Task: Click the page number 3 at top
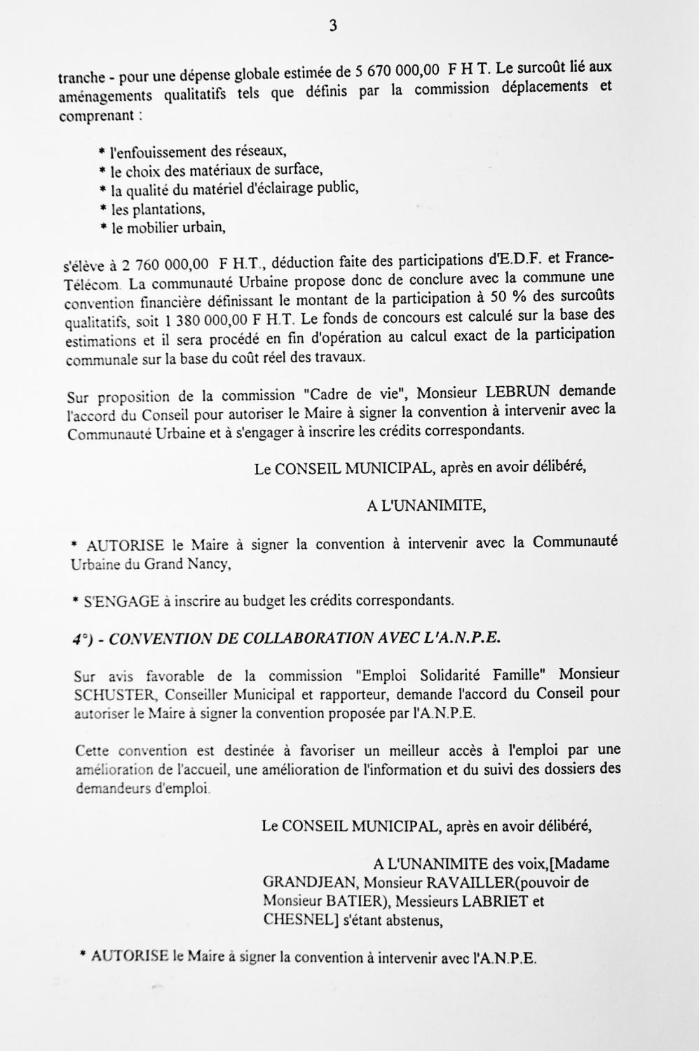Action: [332, 26]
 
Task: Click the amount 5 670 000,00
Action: [398, 71]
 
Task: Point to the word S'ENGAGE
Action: [122, 600]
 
